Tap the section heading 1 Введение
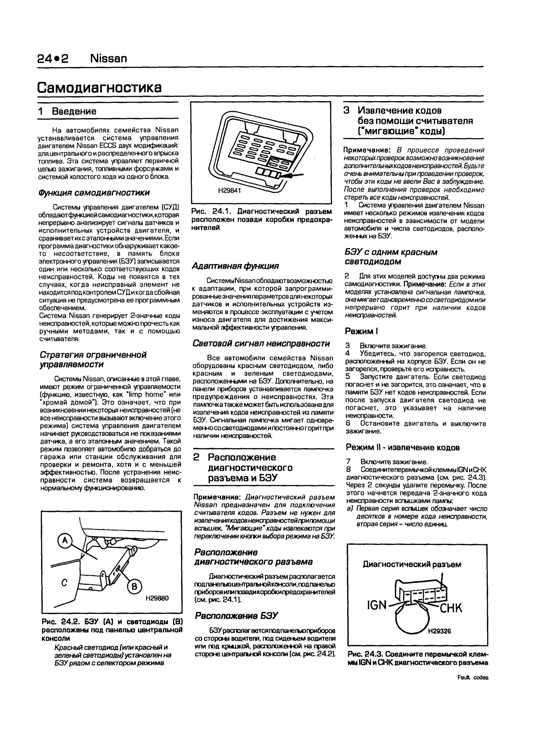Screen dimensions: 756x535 (x=68, y=111)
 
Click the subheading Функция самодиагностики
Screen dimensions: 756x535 (x=94, y=192)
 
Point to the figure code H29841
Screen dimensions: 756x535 (x=230, y=191)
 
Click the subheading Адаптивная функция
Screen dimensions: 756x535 (x=235, y=266)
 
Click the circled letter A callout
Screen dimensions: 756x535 (x=65, y=541)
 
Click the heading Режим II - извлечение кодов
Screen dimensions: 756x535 (x=403, y=448)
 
